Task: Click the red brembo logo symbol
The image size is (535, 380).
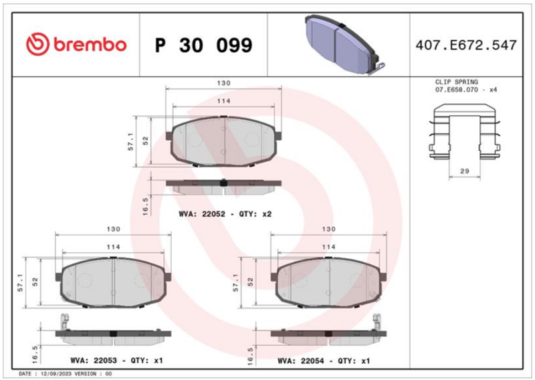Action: tap(38, 44)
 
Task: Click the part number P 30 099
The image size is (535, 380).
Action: tap(204, 45)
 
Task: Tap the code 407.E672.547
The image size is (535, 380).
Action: tap(466, 45)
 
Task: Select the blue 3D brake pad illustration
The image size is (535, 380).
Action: tap(345, 44)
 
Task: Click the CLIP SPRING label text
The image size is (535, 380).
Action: tap(457, 82)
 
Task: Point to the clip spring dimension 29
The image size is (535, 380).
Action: tap(465, 171)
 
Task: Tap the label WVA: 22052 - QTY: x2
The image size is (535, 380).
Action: tap(225, 214)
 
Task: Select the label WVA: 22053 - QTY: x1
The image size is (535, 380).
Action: tap(116, 360)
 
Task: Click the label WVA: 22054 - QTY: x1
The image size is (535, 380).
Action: tap(324, 361)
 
